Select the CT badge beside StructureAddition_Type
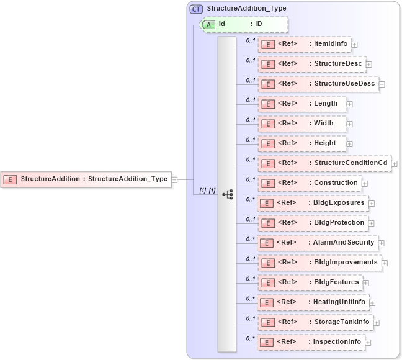(x=197, y=9)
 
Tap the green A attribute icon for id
(x=210, y=24)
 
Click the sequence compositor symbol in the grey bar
(x=227, y=194)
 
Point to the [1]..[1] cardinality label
(x=207, y=190)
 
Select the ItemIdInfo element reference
(x=304, y=44)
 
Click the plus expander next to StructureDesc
(x=368, y=64)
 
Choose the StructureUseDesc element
(x=318, y=84)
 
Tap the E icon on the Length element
(x=268, y=104)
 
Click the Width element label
(x=323, y=124)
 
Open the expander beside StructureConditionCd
(x=395, y=163)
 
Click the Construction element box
(x=309, y=183)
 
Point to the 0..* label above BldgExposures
(x=251, y=199)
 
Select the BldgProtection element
(x=312, y=223)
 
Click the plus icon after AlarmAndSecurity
(x=382, y=243)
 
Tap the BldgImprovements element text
(x=346, y=263)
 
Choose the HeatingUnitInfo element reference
(x=313, y=302)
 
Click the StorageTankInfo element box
(x=314, y=322)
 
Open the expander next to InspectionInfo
(x=368, y=342)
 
